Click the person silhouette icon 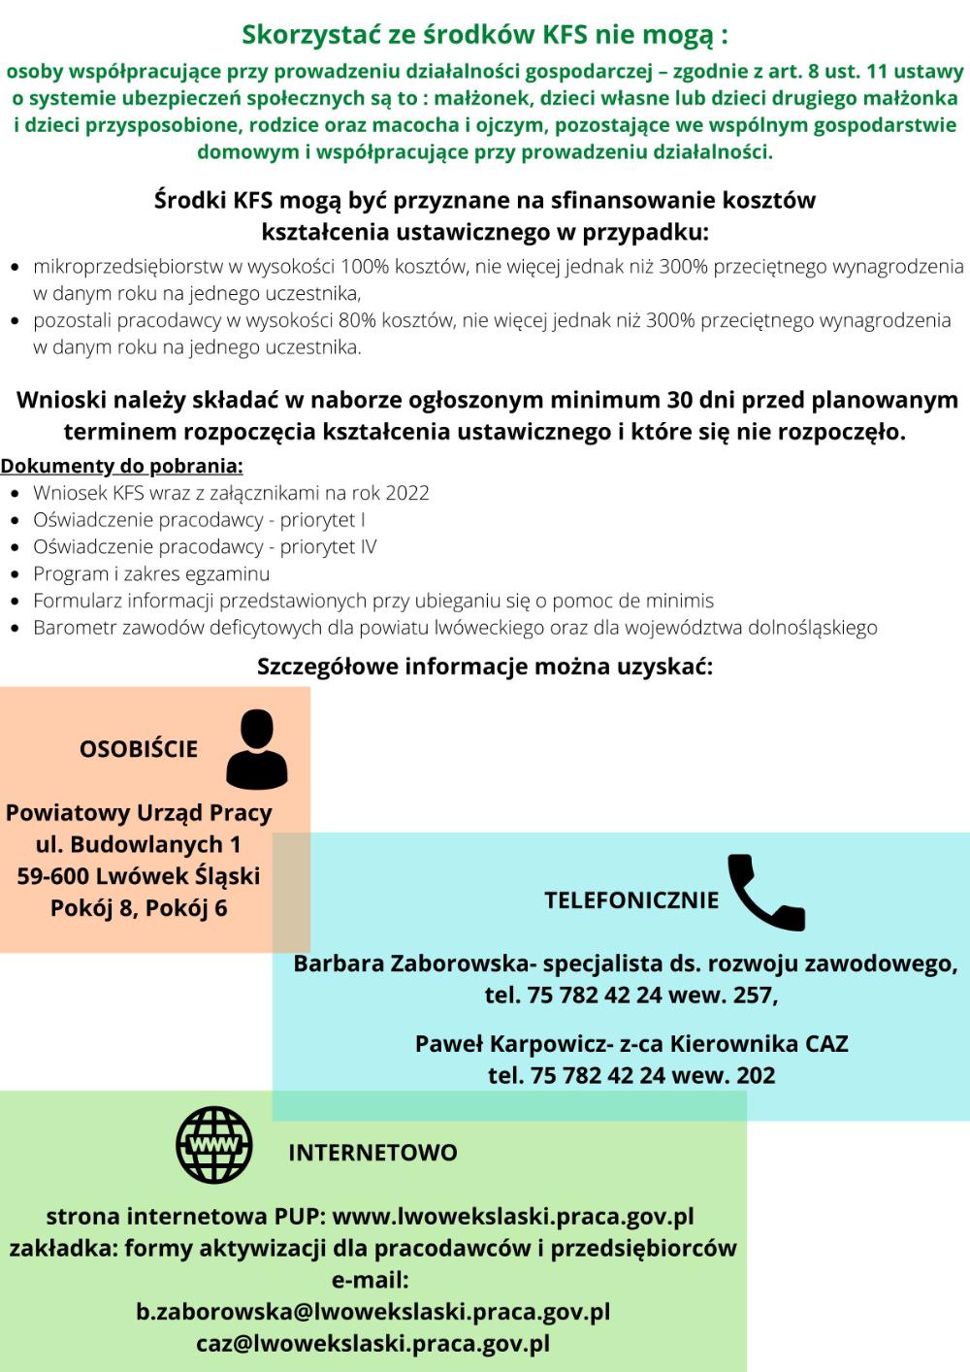[x=257, y=748]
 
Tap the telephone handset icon [x=765, y=894]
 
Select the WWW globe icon [x=214, y=1145]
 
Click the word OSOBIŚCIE [x=139, y=749]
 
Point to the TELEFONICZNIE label [x=631, y=900]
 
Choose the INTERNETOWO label [x=372, y=1153]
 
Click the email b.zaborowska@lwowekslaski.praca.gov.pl [x=373, y=1312]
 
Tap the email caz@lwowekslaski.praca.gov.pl [x=373, y=1344]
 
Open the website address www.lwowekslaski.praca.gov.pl [x=513, y=1217]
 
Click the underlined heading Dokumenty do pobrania [x=121, y=466]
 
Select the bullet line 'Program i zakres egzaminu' [x=151, y=573]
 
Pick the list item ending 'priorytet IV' [x=205, y=546]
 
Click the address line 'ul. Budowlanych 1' [x=139, y=844]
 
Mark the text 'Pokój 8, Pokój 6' [x=139, y=909]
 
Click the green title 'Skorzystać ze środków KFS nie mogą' [x=484, y=36]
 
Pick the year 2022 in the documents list [x=407, y=493]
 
